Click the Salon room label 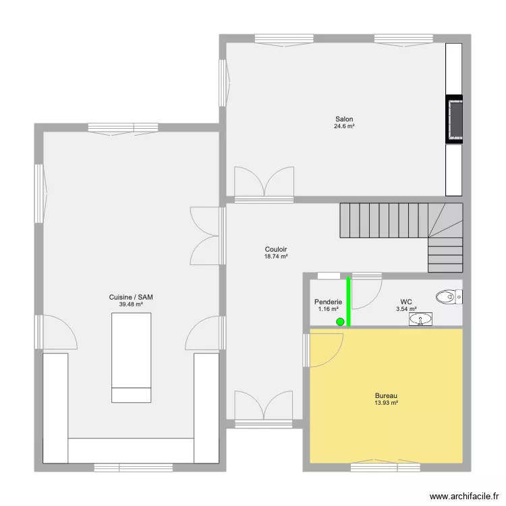tap(344, 119)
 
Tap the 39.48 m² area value tap(131, 304)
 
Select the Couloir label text tap(276, 249)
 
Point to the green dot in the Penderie tap(340, 322)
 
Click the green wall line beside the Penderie tap(349, 302)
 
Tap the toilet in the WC tap(449, 297)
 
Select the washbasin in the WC tap(420, 319)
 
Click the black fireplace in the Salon tap(454, 119)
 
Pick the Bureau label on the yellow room tap(386, 395)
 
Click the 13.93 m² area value tap(386, 403)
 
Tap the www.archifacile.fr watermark tap(464, 497)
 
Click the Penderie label tap(328, 302)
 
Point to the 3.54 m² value tap(406, 309)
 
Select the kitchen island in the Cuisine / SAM tap(132, 358)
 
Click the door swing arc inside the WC tap(374, 299)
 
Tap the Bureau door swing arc tap(335, 356)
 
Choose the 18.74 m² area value tap(276, 256)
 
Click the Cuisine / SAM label tap(131, 298)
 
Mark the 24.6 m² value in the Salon tap(344, 126)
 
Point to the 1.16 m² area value tap(328, 309)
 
